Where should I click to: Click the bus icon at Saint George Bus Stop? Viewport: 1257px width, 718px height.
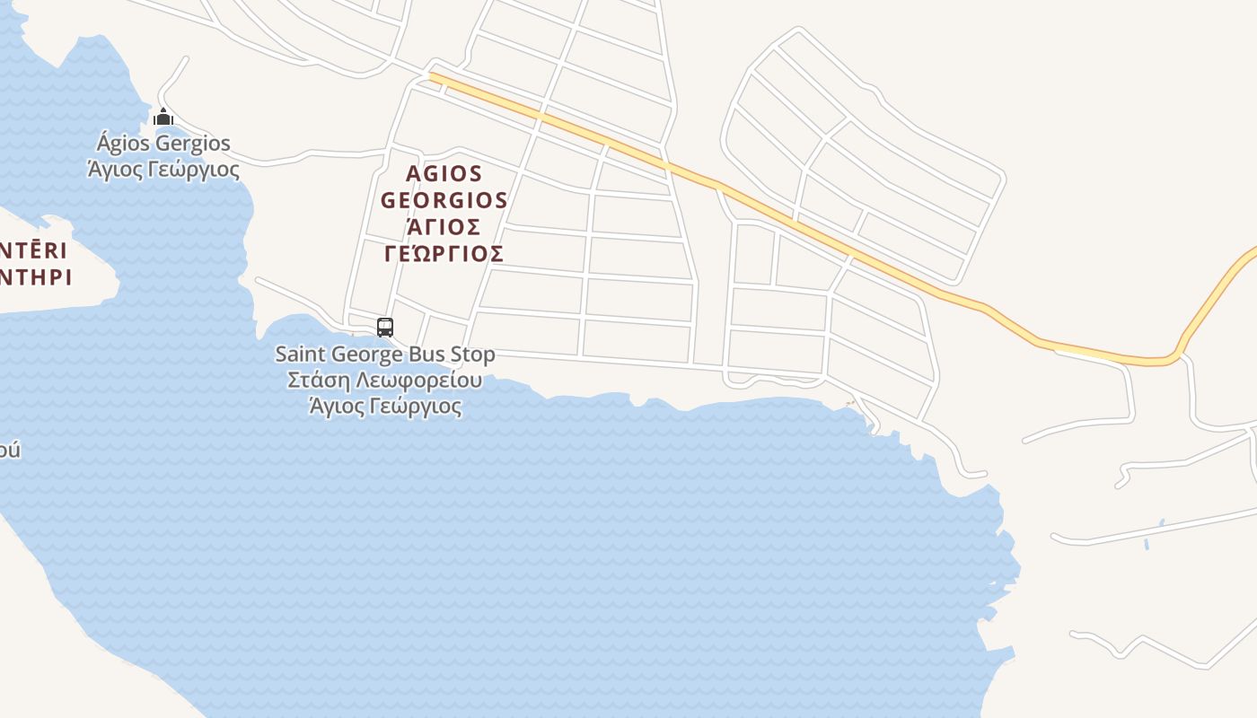385,328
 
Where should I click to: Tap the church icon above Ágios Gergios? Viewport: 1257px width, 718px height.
163,118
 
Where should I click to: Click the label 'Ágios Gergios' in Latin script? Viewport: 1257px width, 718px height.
163,144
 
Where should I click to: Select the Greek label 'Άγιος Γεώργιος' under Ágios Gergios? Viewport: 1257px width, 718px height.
163,169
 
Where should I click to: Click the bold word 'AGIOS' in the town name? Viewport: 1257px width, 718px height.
444,173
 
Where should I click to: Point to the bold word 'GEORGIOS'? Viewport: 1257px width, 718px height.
444,199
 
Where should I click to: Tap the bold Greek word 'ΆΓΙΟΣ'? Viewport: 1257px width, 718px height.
444,226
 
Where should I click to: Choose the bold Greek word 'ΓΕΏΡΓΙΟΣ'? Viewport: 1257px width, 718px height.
444,253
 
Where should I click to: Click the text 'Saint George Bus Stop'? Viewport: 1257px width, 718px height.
385,355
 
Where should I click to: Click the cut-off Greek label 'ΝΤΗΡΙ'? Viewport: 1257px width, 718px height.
36,276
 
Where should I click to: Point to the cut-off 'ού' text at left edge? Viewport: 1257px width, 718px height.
9,449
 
